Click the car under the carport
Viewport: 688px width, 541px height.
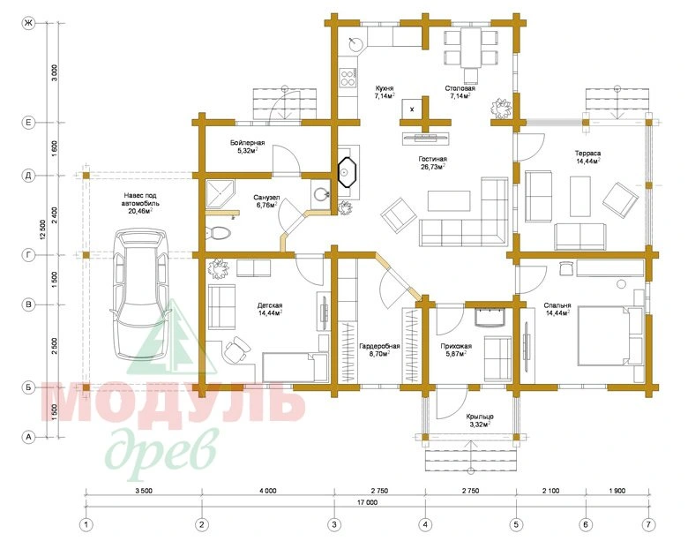tap(140, 294)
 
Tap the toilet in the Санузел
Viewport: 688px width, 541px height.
tap(218, 233)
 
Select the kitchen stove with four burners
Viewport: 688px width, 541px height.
tap(348, 79)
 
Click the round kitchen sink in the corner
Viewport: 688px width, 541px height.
tap(355, 43)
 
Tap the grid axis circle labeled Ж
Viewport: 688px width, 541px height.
tap(28, 24)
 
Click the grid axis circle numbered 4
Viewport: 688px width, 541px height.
tap(425, 524)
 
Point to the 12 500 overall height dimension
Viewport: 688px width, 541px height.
tap(42, 230)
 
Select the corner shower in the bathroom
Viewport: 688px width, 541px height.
tap(221, 193)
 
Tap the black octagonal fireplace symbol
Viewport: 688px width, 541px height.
tap(348, 172)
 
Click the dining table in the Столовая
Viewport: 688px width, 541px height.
tap(471, 48)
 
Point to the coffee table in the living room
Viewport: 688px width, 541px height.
tap(449, 201)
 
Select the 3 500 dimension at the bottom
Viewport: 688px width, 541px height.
tap(144, 491)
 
